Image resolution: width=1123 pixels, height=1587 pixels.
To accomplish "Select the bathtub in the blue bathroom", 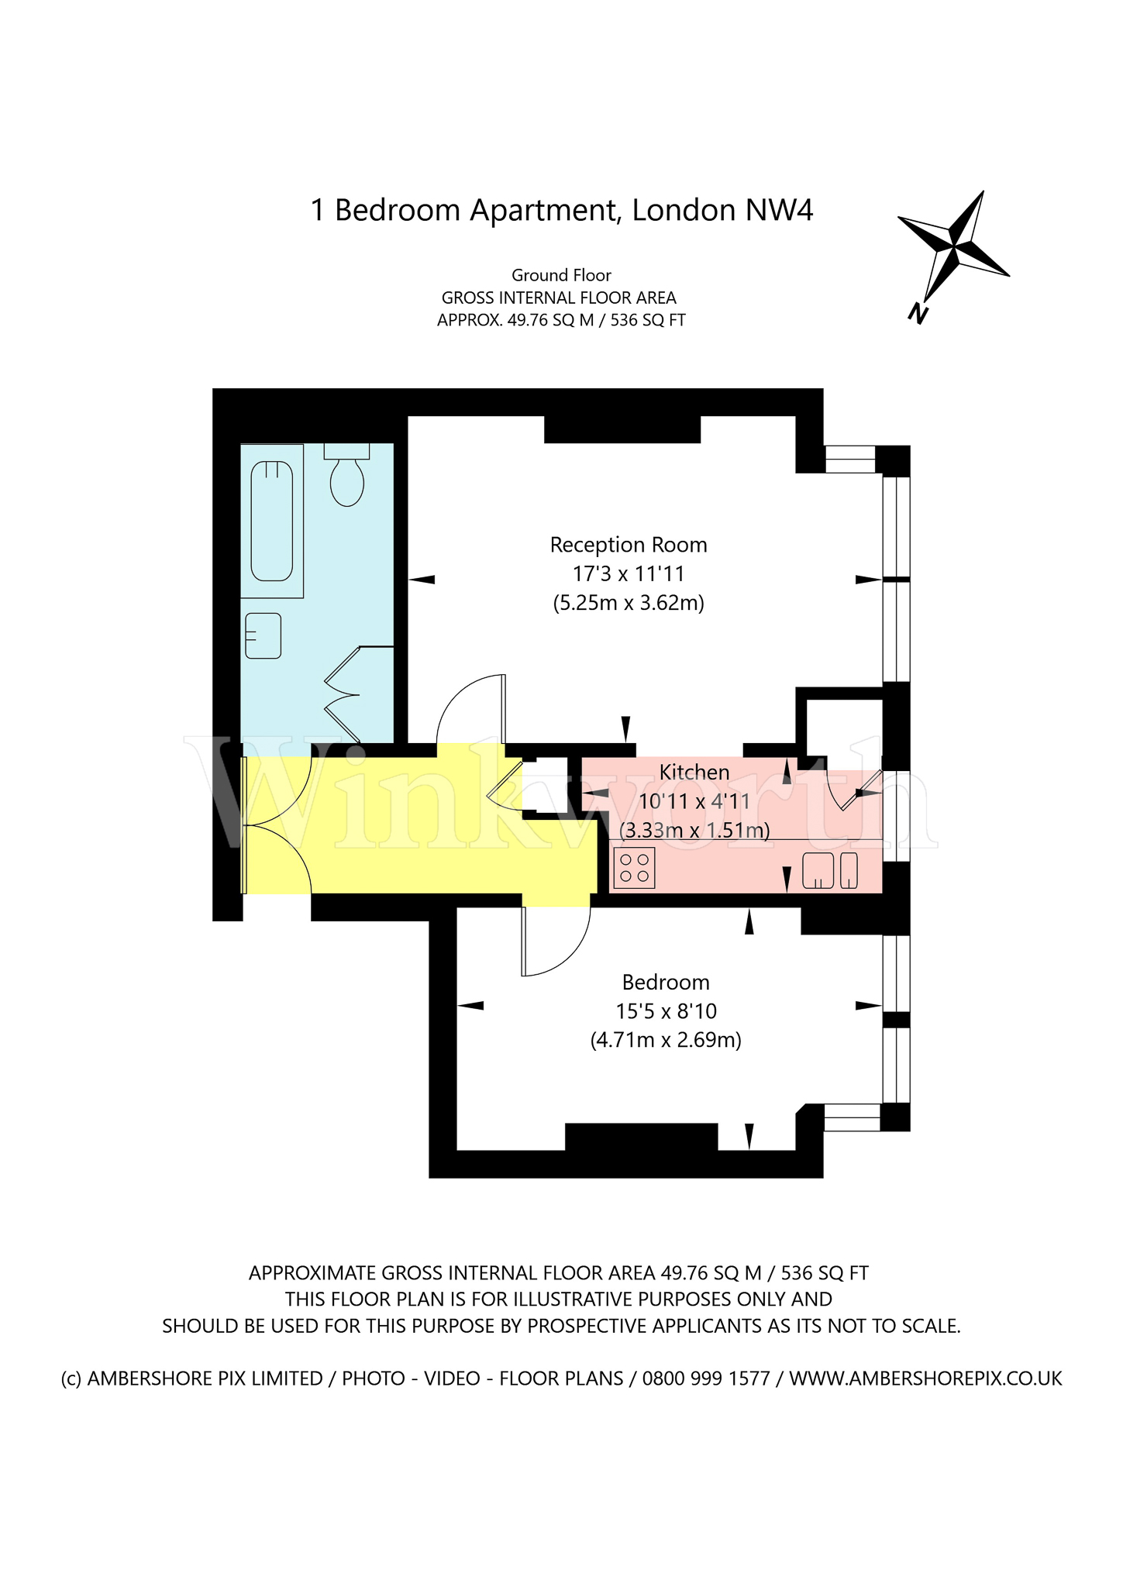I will (x=271, y=521).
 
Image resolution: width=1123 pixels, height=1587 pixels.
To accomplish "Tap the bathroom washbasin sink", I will (x=263, y=635).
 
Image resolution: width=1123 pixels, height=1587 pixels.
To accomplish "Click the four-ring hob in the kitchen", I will (x=634, y=867).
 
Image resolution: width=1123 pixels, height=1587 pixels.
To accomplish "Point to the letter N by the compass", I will (x=918, y=313).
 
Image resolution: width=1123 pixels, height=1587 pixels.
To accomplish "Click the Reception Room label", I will (x=629, y=545).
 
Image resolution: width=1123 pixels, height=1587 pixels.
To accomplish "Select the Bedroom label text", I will (x=666, y=982).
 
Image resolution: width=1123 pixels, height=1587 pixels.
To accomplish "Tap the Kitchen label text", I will (x=694, y=772).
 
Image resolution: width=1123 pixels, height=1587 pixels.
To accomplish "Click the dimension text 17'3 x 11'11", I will (x=629, y=573).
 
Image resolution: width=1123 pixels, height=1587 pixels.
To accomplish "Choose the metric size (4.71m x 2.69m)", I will (x=666, y=1039).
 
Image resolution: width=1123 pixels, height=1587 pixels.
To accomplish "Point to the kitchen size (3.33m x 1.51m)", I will (x=694, y=830).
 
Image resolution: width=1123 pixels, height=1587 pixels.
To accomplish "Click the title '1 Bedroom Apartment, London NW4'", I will (x=562, y=210).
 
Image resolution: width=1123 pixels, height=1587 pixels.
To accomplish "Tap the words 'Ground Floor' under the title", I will (x=561, y=275).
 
